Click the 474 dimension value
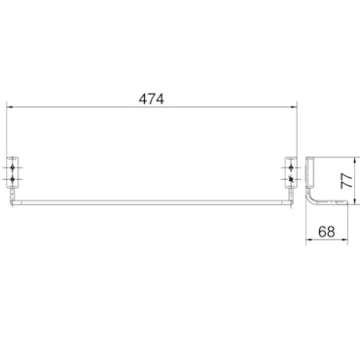pyautogui.click(x=152, y=98)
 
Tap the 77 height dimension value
pyautogui.click(x=346, y=181)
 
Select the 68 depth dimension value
pyautogui.click(x=327, y=232)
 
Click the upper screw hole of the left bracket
pyautogui.click(x=13, y=167)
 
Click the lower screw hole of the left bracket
pyautogui.click(x=13, y=179)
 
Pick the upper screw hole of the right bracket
pyautogui.click(x=291, y=167)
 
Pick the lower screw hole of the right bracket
pyautogui.click(x=291, y=179)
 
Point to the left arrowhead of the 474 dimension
pyautogui.click(x=10, y=106)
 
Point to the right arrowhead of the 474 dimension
pyautogui.click(x=294, y=106)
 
